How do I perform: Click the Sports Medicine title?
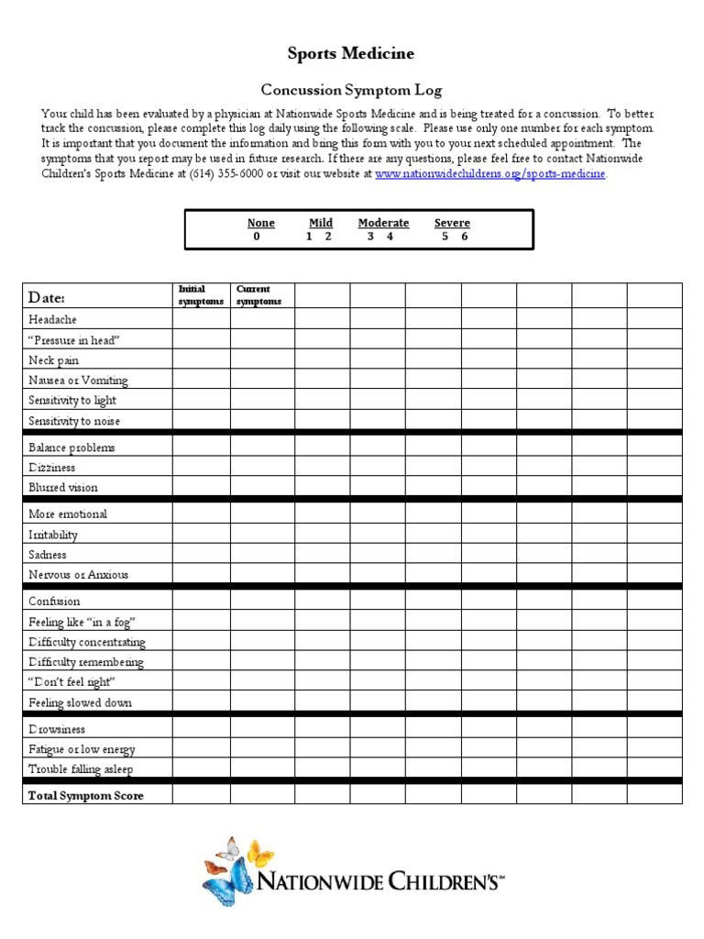click(351, 54)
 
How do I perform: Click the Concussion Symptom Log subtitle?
click(351, 90)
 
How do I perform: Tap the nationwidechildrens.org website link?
click(490, 173)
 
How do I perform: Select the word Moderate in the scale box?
click(383, 223)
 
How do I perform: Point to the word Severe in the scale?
click(452, 223)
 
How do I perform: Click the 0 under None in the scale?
click(257, 237)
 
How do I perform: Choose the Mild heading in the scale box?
click(320, 223)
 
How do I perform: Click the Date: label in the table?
click(47, 297)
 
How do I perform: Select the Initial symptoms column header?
click(201, 295)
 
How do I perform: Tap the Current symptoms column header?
click(258, 295)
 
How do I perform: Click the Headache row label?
click(52, 320)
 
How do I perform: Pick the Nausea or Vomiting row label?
click(78, 381)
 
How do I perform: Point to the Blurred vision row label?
click(62, 488)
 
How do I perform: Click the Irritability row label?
click(53, 535)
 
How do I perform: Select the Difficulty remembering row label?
click(86, 662)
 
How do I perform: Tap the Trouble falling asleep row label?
click(87, 769)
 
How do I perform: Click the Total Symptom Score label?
click(86, 795)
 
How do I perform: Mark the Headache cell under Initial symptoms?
click(201, 319)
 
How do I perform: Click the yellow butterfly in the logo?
click(259, 853)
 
